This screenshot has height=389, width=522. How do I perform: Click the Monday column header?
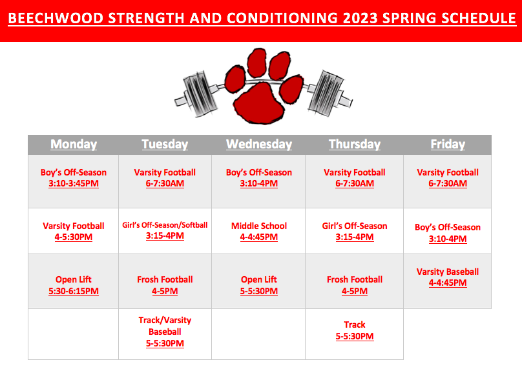pyautogui.click(x=74, y=145)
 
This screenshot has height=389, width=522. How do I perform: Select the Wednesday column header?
pyautogui.click(x=259, y=145)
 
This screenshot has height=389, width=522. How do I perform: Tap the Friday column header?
pyautogui.click(x=448, y=145)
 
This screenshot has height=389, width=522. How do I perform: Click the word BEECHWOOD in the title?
pyautogui.click(x=56, y=18)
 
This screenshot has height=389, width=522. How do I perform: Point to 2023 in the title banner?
pyautogui.click(x=360, y=18)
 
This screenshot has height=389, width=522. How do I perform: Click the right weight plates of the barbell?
pyautogui.click(x=325, y=93)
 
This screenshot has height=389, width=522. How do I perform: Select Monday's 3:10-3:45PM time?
pyautogui.click(x=74, y=183)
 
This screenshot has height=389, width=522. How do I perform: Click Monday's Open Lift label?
pyautogui.click(x=74, y=279)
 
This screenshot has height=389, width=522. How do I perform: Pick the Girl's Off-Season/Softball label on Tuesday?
pyautogui.click(x=165, y=225)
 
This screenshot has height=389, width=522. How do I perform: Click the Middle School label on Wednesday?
pyautogui.click(x=259, y=226)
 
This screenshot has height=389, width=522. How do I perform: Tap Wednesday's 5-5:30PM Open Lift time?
pyautogui.click(x=259, y=291)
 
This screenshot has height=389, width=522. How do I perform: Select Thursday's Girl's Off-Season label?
pyautogui.click(x=355, y=226)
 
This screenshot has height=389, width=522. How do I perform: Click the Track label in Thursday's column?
pyautogui.click(x=355, y=324)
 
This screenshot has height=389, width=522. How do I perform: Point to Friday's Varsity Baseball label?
pyautogui.click(x=448, y=272)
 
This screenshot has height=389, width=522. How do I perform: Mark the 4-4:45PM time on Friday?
pyautogui.click(x=448, y=283)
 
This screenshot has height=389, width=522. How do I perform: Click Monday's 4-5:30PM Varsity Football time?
pyautogui.click(x=74, y=237)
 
